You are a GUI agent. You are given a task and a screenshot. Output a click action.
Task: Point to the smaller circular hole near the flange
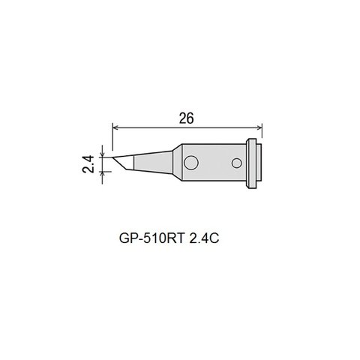click(238, 162)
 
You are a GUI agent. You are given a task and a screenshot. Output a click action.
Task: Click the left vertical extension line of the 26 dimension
click(112, 139)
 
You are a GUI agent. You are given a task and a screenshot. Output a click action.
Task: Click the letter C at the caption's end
click(224, 237)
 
